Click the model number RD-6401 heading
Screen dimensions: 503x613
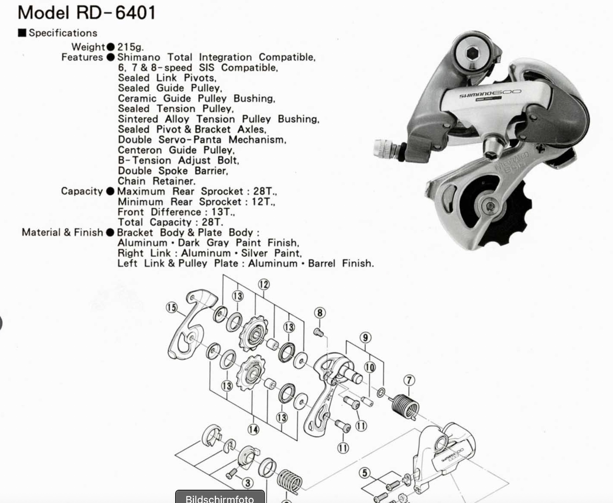(x=87, y=12)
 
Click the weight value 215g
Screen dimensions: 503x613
(x=131, y=47)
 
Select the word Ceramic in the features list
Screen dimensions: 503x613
(x=137, y=98)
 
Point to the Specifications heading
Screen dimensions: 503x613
(x=63, y=33)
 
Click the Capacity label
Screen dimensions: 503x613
(x=82, y=191)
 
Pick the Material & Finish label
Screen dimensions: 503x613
(x=62, y=232)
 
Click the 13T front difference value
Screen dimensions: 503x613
(x=222, y=212)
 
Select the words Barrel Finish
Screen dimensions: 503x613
(x=341, y=263)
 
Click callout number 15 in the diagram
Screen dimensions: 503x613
(x=172, y=307)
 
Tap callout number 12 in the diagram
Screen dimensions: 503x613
(x=264, y=284)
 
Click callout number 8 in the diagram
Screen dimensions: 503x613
(x=320, y=312)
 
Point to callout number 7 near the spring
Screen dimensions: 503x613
(x=409, y=380)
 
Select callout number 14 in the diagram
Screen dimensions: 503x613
(x=253, y=429)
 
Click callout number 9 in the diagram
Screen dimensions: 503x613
(x=365, y=337)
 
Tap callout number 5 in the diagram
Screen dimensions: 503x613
(x=364, y=473)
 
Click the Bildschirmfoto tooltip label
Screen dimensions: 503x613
(x=220, y=498)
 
